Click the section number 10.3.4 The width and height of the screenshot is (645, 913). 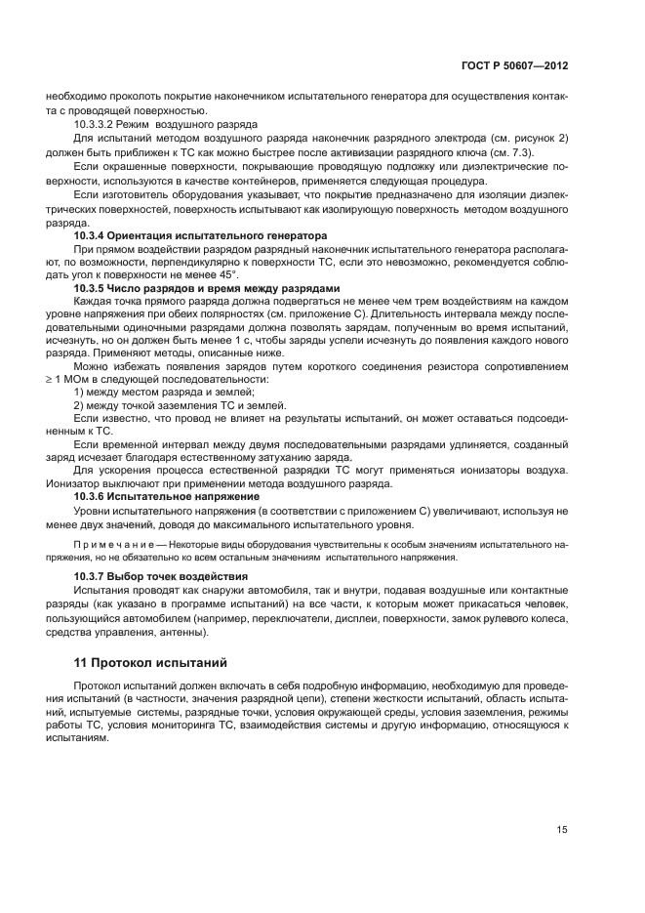click(x=93, y=236)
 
